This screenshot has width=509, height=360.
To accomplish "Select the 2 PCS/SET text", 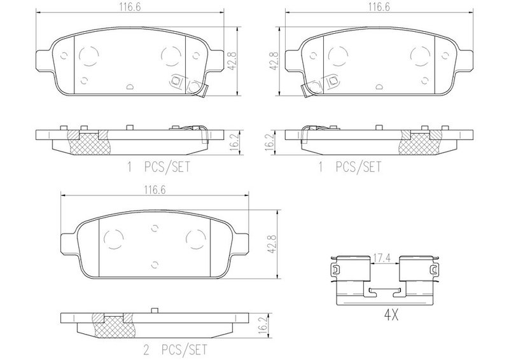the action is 175,350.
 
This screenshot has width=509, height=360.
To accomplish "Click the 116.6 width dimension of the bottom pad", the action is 155,190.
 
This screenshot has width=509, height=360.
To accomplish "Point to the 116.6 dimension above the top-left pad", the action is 129,8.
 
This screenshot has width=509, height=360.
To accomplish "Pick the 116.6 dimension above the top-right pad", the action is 379,8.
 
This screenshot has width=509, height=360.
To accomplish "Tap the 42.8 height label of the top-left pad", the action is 232,61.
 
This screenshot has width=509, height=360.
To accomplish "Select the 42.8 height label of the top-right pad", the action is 274,61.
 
